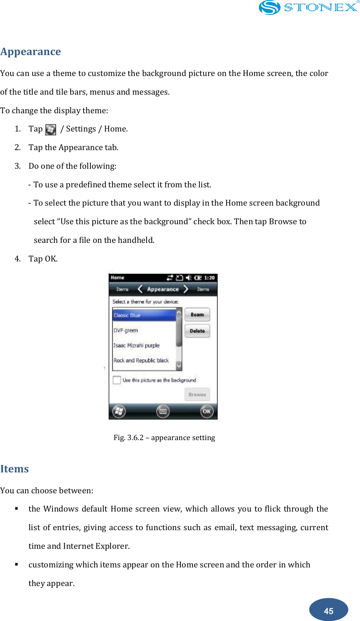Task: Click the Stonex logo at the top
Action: (x=308, y=8)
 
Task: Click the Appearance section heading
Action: (x=31, y=52)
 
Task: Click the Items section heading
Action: (x=14, y=469)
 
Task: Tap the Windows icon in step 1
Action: (x=51, y=130)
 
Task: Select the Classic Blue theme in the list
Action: (x=144, y=315)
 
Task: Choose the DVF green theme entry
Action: (x=126, y=330)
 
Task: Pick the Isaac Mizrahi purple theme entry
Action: (x=137, y=345)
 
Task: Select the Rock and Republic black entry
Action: (x=141, y=360)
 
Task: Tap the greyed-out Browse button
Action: (x=197, y=394)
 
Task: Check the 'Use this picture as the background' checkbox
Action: (x=117, y=380)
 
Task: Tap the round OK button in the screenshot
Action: (x=207, y=411)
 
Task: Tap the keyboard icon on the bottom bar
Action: (x=163, y=411)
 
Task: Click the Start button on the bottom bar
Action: (x=119, y=411)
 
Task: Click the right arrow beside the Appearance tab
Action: (x=186, y=289)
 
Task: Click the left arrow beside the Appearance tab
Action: (x=140, y=289)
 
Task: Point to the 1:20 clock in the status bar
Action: (x=209, y=278)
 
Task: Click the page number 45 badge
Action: (x=328, y=610)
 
